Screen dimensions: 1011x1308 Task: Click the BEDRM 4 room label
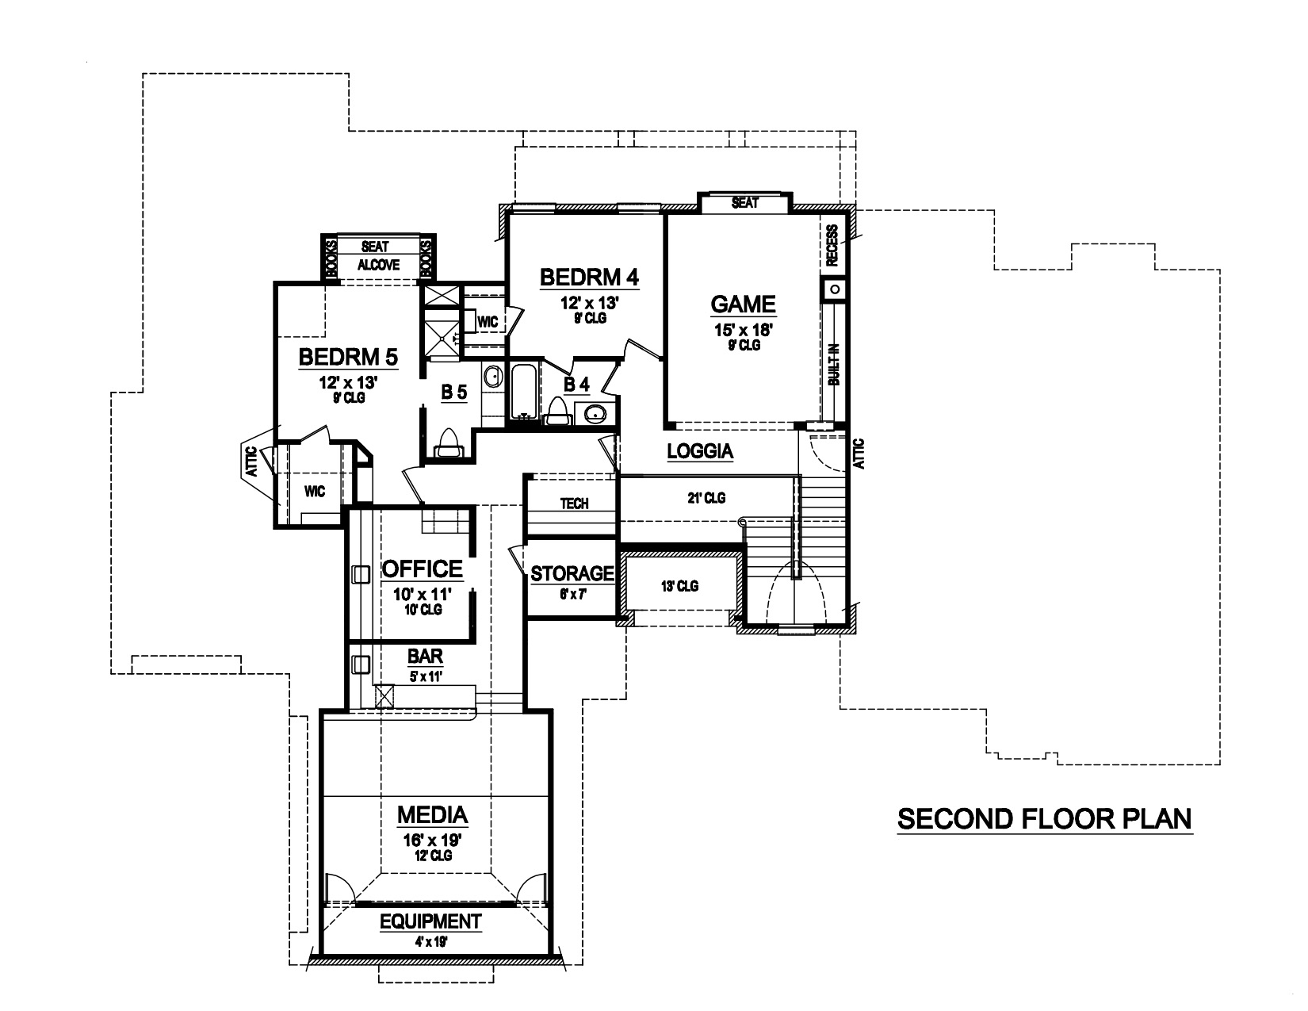pyautogui.click(x=589, y=278)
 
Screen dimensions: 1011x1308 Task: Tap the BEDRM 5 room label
pyautogui.click(x=348, y=358)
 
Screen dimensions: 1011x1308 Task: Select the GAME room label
pyautogui.click(x=742, y=304)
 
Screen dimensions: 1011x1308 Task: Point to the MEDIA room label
pyautogui.click(x=432, y=814)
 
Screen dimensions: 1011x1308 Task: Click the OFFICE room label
pyautogui.click(x=422, y=569)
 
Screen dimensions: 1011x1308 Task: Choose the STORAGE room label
pyautogui.click(x=572, y=573)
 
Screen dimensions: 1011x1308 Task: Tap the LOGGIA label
pyautogui.click(x=700, y=452)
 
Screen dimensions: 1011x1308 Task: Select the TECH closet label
pyautogui.click(x=575, y=504)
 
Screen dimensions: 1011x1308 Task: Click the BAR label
pyautogui.click(x=425, y=657)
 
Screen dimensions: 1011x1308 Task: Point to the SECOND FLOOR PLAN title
pyautogui.click(x=1044, y=819)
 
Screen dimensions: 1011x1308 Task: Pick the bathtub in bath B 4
pyautogui.click(x=524, y=391)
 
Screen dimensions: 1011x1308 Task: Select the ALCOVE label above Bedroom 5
pyautogui.click(x=378, y=266)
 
